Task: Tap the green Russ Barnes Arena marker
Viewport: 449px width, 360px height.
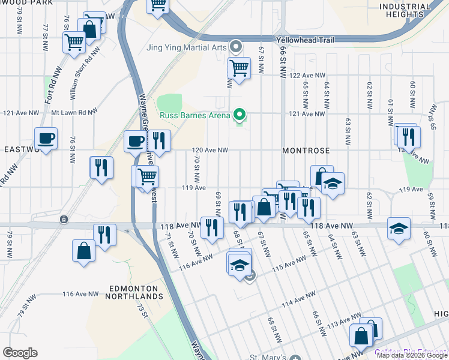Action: point(240,114)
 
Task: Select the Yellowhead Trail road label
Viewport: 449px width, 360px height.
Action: point(305,40)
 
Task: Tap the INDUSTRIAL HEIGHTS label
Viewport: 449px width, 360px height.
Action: point(405,10)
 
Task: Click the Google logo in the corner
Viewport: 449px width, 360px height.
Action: point(20,353)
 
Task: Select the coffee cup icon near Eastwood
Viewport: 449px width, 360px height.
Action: point(46,139)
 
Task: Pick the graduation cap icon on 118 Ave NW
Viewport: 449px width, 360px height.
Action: point(399,229)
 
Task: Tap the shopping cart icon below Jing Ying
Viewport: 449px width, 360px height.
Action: point(239,68)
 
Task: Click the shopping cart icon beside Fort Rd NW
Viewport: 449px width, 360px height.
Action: point(74,43)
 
